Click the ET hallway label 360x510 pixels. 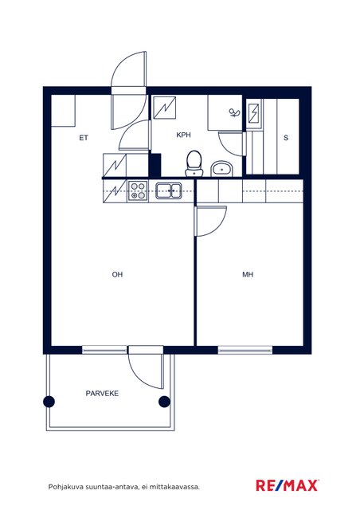[84, 138]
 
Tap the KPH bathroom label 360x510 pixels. [183, 135]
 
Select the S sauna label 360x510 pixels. [286, 138]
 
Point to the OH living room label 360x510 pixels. [117, 274]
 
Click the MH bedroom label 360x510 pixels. [248, 274]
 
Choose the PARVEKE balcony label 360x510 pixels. [102, 393]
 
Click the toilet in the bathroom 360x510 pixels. [194, 163]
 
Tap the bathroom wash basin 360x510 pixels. [221, 169]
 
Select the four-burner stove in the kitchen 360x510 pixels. [138, 190]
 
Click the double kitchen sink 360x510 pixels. [169, 190]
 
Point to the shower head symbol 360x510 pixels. [234, 112]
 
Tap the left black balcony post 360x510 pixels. [49, 402]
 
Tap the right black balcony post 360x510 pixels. [164, 402]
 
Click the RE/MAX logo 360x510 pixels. [288, 485]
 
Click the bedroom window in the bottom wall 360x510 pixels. [245, 350]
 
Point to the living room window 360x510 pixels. [105, 350]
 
